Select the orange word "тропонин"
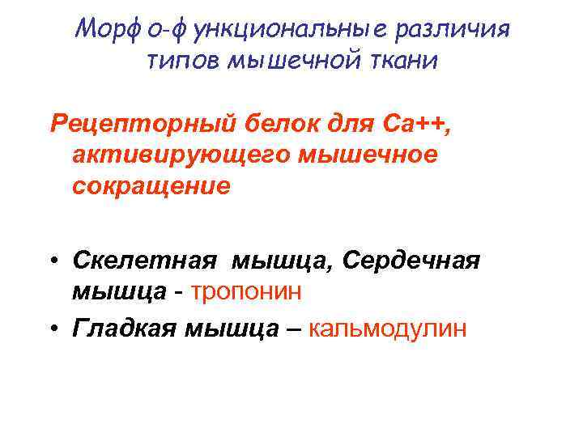(x=246, y=291)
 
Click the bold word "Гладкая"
(x=124, y=329)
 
